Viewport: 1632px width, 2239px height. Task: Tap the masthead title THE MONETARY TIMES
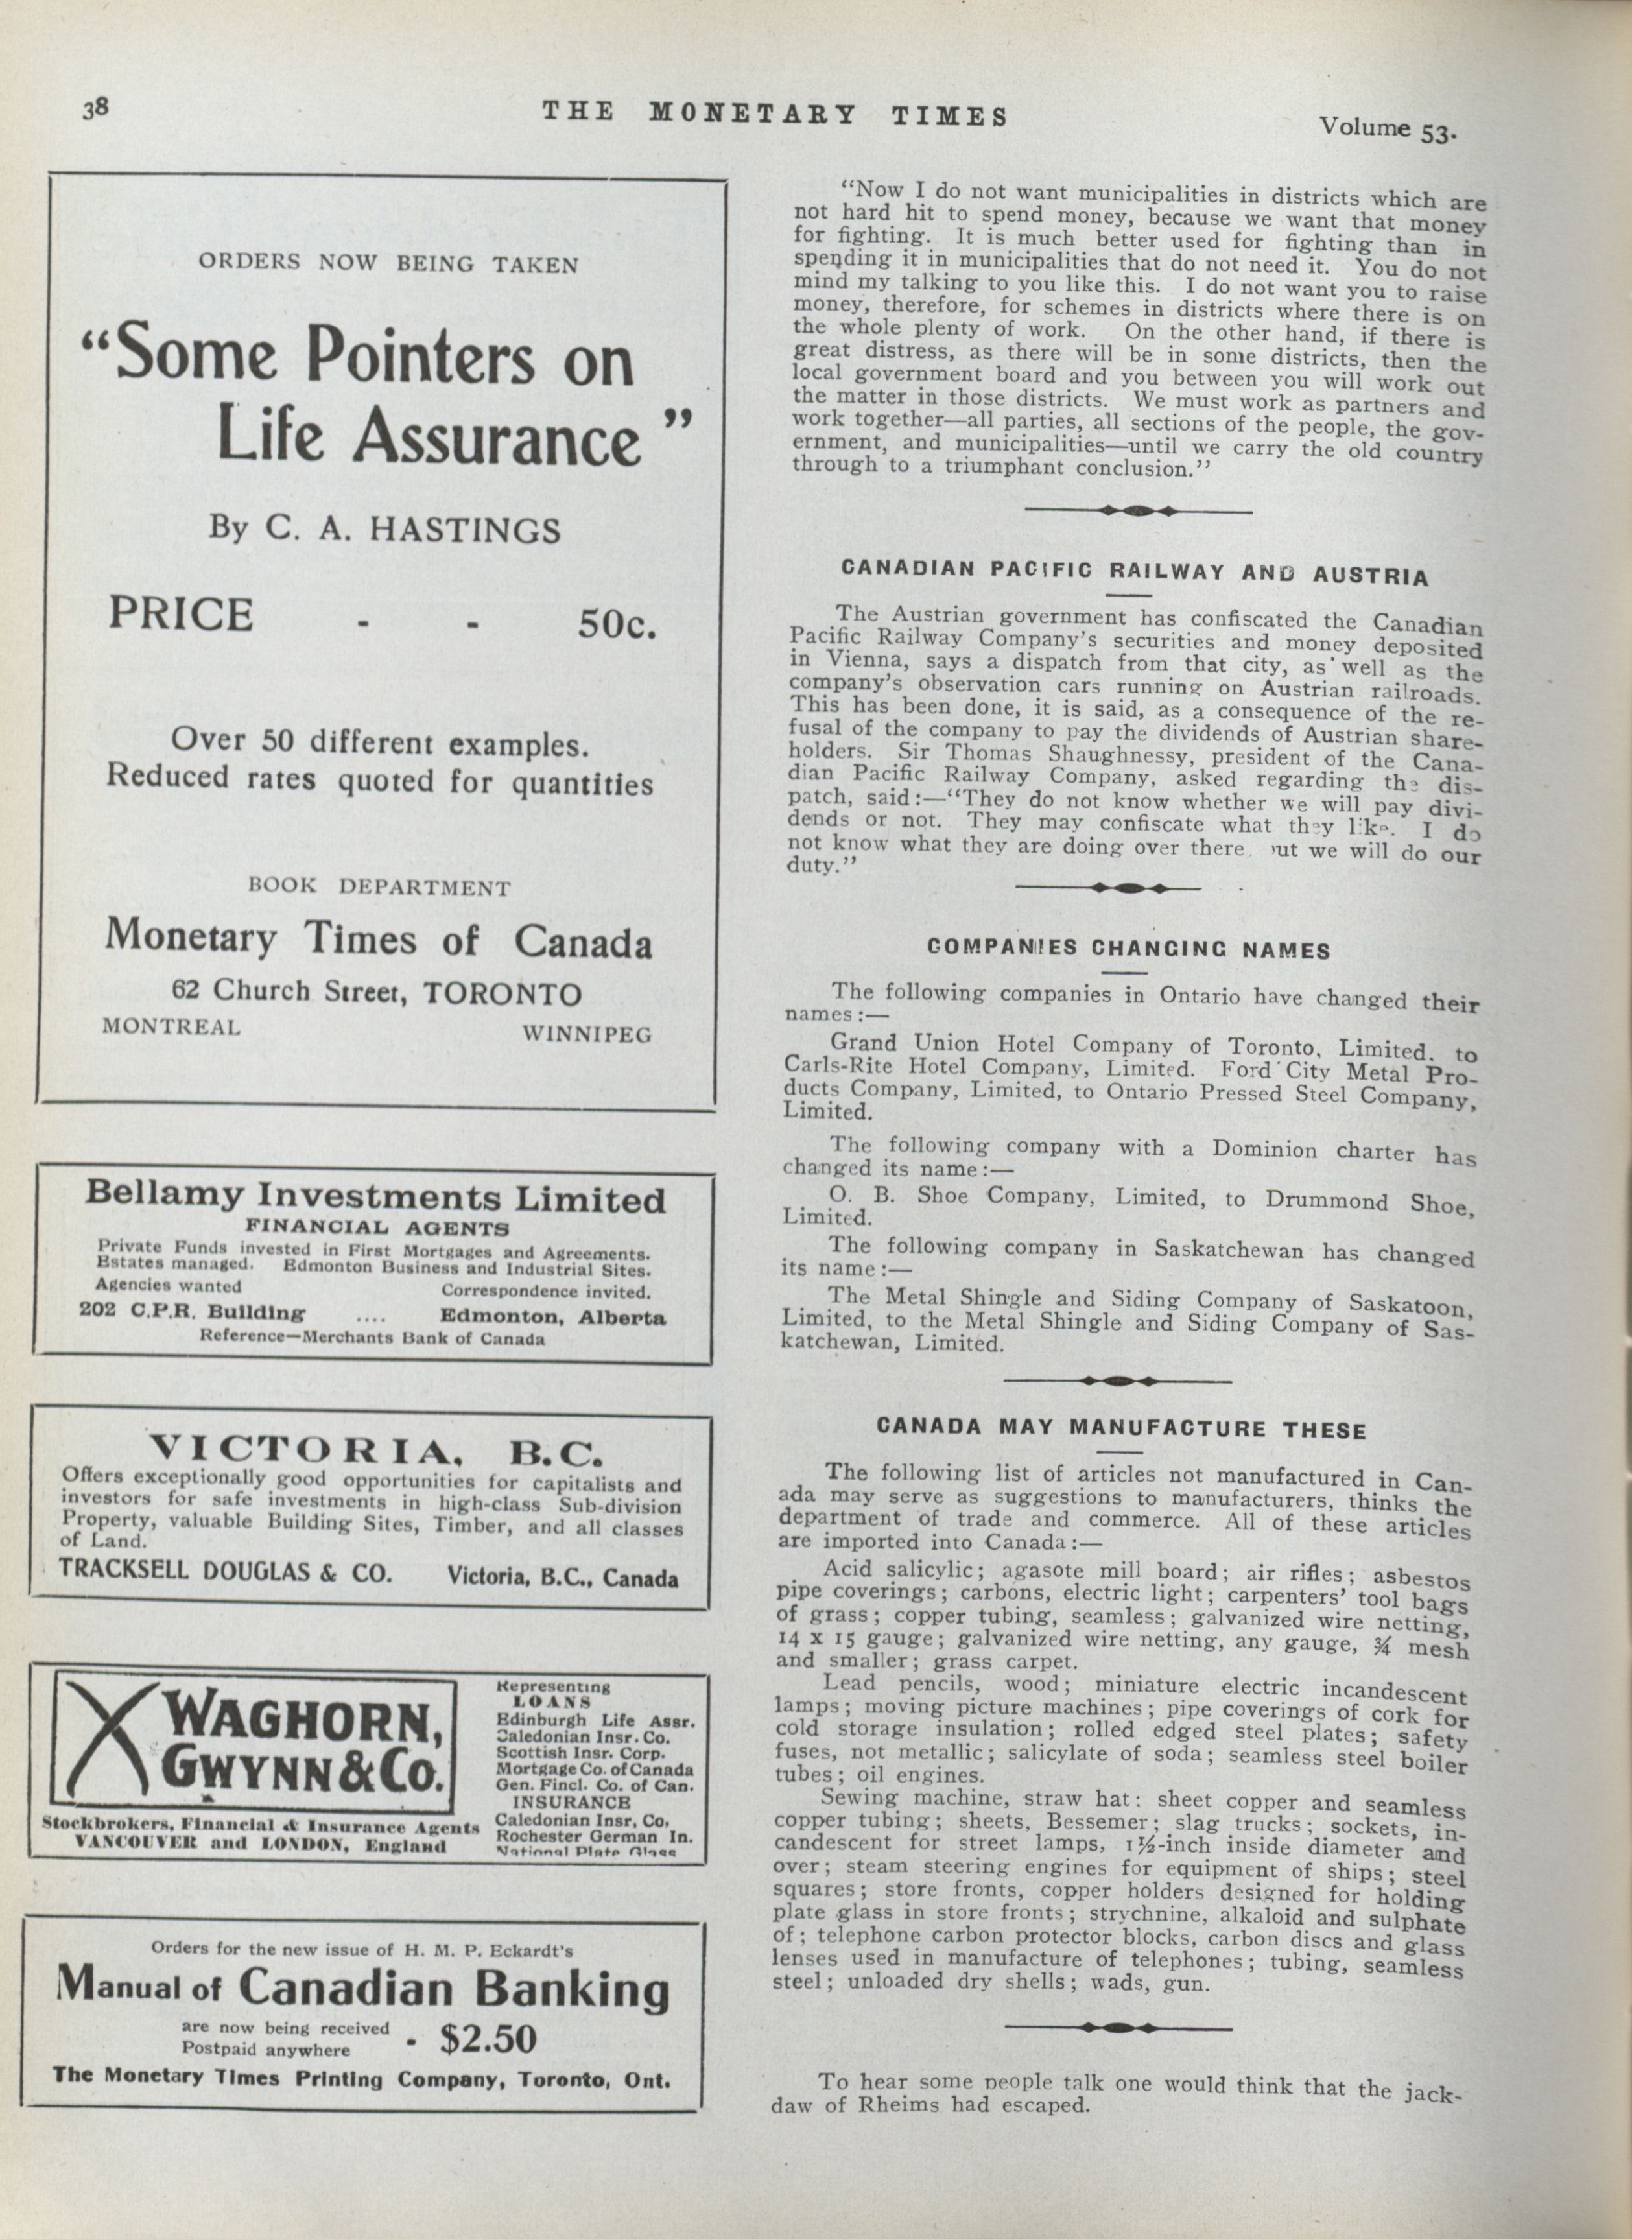click(775, 115)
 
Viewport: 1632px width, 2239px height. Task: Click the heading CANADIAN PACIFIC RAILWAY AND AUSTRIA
click(1133, 572)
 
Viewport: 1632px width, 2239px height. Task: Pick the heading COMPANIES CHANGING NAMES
click(1128, 949)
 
